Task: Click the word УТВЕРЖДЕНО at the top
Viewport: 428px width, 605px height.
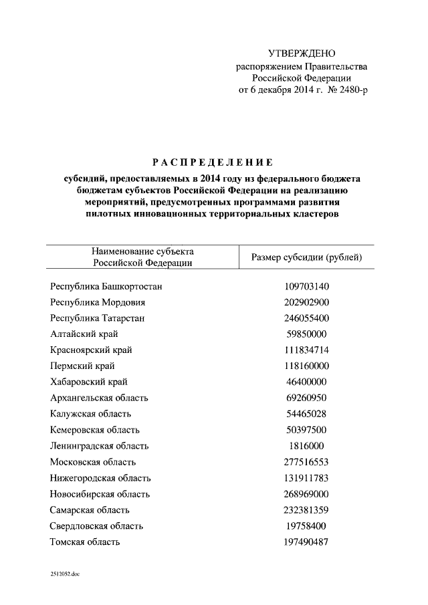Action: (301, 53)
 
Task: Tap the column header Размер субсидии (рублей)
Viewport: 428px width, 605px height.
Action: (306, 257)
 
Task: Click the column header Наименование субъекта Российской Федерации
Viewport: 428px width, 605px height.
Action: (142, 257)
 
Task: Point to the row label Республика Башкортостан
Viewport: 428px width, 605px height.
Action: (106, 286)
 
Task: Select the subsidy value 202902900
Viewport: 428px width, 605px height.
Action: (306, 302)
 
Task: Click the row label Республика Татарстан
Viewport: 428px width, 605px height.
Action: (97, 318)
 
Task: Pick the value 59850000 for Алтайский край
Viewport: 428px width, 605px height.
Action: (306, 334)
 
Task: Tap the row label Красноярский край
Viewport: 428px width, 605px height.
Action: (91, 350)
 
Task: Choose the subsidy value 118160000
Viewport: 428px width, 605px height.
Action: (306, 366)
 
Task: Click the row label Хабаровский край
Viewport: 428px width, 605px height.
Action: (88, 382)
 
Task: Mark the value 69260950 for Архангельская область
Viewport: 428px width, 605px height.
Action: (306, 398)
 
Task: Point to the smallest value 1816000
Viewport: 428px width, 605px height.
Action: (306, 446)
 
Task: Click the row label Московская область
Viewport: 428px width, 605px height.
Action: (93, 462)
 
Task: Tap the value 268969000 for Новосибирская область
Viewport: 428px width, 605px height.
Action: (306, 494)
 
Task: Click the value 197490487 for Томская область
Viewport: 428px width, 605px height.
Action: (306, 542)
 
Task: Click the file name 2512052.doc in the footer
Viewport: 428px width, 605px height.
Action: (64, 574)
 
